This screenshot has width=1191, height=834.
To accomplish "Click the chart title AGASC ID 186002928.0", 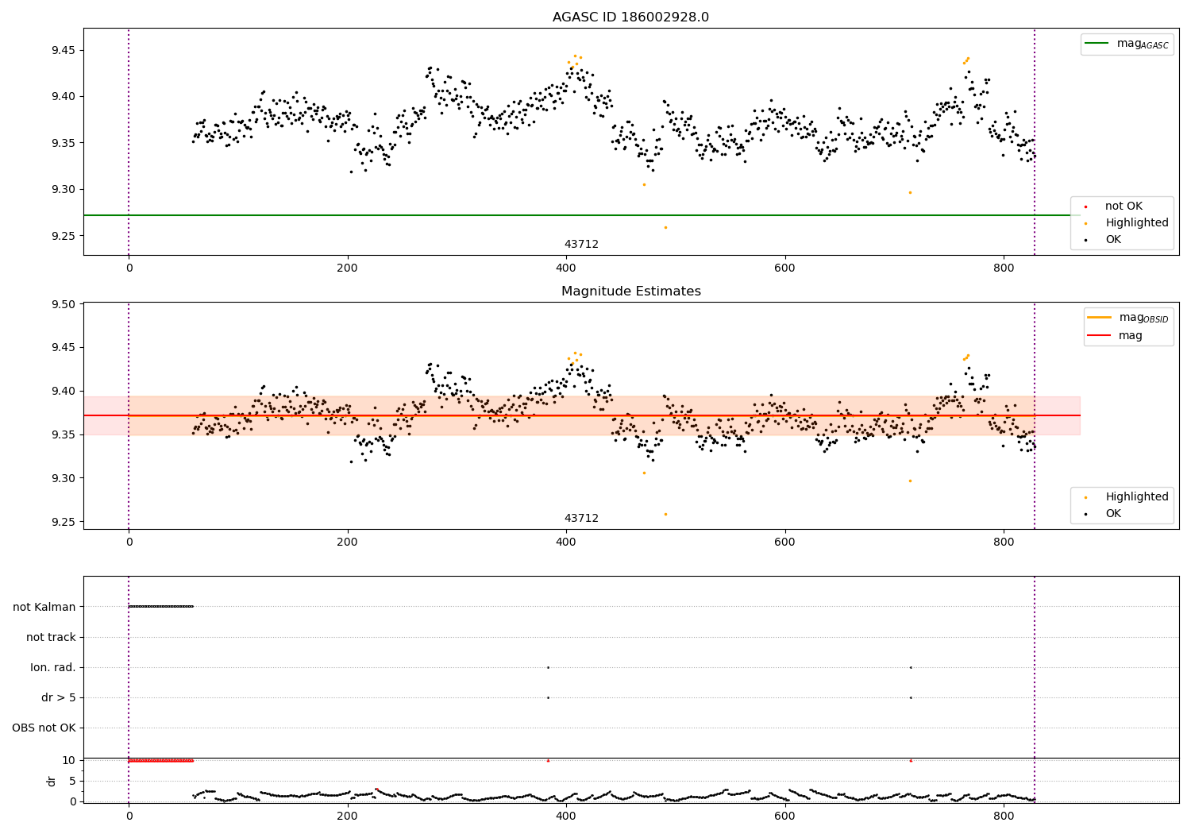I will coord(630,17).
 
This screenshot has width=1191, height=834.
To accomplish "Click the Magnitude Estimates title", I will coord(630,292).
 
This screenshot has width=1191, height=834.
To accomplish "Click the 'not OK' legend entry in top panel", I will coord(1124,207).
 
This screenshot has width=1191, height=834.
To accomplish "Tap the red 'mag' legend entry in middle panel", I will coord(1130,336).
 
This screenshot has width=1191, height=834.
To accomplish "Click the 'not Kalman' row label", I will coord(44,607).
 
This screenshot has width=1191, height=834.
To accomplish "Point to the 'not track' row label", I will coord(51,637).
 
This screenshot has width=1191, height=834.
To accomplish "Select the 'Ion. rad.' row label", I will coord(53,667).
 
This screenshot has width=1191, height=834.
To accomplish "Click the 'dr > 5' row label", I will coord(59,697).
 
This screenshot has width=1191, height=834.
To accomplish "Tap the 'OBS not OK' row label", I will coord(44,728).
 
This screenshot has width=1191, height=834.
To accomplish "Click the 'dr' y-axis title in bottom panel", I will coord(52,781).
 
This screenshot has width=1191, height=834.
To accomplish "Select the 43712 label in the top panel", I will coord(581,245).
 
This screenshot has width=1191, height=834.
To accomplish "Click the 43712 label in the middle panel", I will coord(581,519).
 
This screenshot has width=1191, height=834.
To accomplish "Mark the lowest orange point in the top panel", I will coord(665,227).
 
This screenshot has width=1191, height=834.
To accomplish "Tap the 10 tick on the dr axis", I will coord(69,760).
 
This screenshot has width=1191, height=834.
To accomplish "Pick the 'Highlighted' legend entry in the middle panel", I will coord(1136,496).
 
